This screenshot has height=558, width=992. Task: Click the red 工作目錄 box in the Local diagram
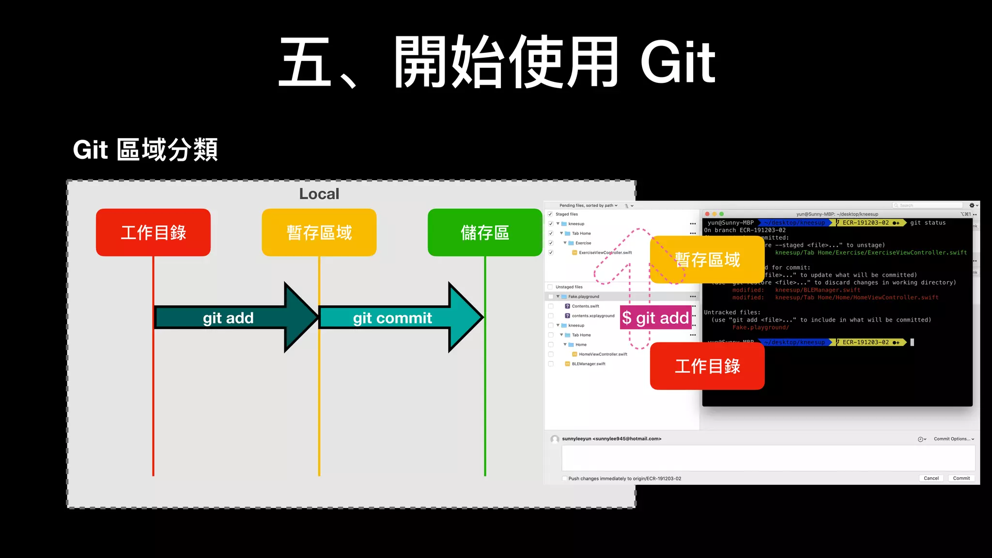(x=153, y=232)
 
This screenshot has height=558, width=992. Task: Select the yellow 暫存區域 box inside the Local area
(x=319, y=232)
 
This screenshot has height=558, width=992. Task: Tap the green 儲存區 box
(x=484, y=232)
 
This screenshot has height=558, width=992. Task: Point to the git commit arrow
(x=392, y=318)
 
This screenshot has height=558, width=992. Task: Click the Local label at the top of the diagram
(x=319, y=194)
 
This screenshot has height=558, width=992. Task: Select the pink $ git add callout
(x=655, y=318)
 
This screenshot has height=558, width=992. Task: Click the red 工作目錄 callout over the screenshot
(x=707, y=366)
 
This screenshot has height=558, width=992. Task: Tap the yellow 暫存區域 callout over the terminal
(x=707, y=260)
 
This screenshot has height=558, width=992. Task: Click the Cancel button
(x=931, y=478)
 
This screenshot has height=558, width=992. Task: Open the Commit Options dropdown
(x=953, y=439)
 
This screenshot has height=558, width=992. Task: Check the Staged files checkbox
(x=550, y=214)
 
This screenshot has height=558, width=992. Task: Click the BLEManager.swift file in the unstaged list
(x=589, y=364)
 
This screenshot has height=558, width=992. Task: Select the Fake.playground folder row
(x=584, y=296)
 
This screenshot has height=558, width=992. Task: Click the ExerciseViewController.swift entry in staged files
(x=605, y=252)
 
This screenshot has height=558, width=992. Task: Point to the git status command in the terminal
(x=928, y=223)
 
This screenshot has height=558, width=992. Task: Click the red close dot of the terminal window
(x=707, y=214)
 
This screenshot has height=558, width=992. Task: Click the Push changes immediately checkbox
(x=565, y=479)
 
